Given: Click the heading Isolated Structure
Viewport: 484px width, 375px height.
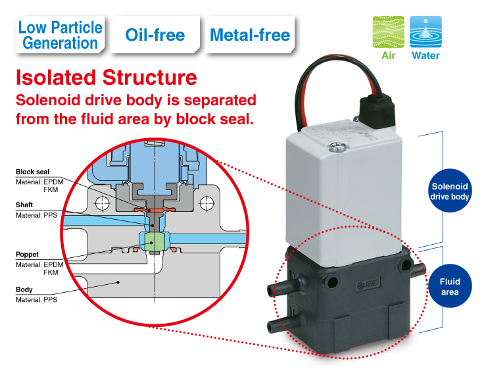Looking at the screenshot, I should coord(106,77).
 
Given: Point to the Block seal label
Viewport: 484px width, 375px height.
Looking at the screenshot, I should coord(32,172).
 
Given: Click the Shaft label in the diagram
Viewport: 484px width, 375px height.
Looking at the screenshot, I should coord(24,205).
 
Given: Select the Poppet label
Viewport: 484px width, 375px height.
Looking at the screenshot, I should coord(27,253).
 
